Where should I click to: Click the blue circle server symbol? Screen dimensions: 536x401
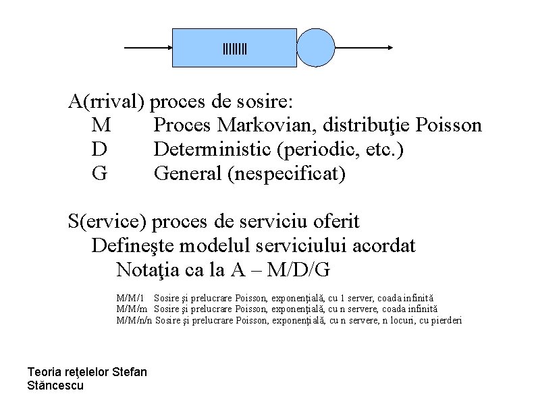pyautogui.click(x=316, y=48)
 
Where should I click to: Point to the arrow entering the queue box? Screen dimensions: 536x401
pyautogui.click(x=149, y=48)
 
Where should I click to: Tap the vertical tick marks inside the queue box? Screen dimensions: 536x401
pyautogui.click(x=235, y=49)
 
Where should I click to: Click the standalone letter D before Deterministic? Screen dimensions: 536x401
pyautogui.click(x=99, y=150)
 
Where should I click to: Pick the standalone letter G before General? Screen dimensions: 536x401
pyautogui.click(x=99, y=174)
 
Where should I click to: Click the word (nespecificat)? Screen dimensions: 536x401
pyautogui.click(x=287, y=174)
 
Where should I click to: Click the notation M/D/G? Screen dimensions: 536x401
pyautogui.click(x=298, y=270)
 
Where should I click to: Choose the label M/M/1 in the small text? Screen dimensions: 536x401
pyautogui.click(x=131, y=297)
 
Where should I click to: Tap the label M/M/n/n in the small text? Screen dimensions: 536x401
pyautogui.click(x=134, y=320)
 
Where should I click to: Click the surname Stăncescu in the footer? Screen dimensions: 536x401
pyautogui.click(x=55, y=385)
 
